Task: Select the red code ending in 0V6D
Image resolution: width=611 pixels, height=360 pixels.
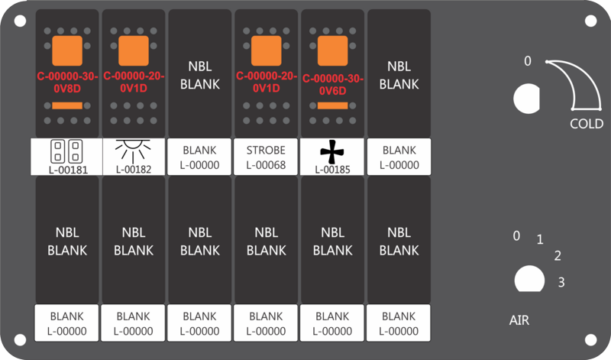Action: click(x=333, y=84)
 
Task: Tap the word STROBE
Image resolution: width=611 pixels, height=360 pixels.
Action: click(x=266, y=149)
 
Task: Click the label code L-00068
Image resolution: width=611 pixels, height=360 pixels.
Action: click(x=266, y=164)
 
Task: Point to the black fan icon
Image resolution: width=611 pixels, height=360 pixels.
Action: click(x=332, y=151)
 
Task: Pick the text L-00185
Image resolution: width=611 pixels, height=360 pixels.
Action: click(x=332, y=170)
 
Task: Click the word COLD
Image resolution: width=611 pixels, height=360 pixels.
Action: click(x=587, y=124)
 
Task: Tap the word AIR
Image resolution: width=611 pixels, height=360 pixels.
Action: click(x=519, y=320)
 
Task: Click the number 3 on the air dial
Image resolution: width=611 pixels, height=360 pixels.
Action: click(x=561, y=282)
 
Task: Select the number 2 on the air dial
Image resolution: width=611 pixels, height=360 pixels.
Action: click(x=558, y=256)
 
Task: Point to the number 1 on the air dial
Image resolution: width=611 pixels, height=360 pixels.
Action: click(x=540, y=240)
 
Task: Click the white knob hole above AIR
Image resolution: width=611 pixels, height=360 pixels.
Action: click(x=525, y=279)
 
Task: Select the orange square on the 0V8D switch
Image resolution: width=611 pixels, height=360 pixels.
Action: click(x=67, y=50)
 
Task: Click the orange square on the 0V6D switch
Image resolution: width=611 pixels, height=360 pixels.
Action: click(x=333, y=50)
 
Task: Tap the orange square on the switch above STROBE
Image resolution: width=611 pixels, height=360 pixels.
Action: click(x=267, y=50)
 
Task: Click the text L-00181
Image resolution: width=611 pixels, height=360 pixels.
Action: click(x=67, y=170)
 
